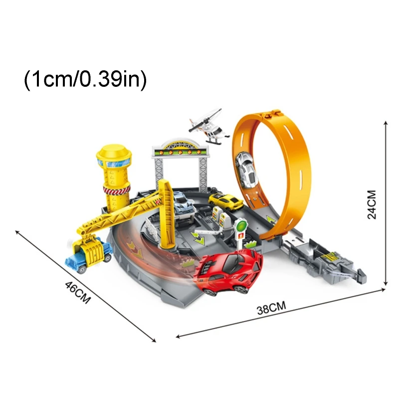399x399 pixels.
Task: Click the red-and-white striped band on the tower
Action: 115,191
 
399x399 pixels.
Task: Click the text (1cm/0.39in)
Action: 85,80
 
